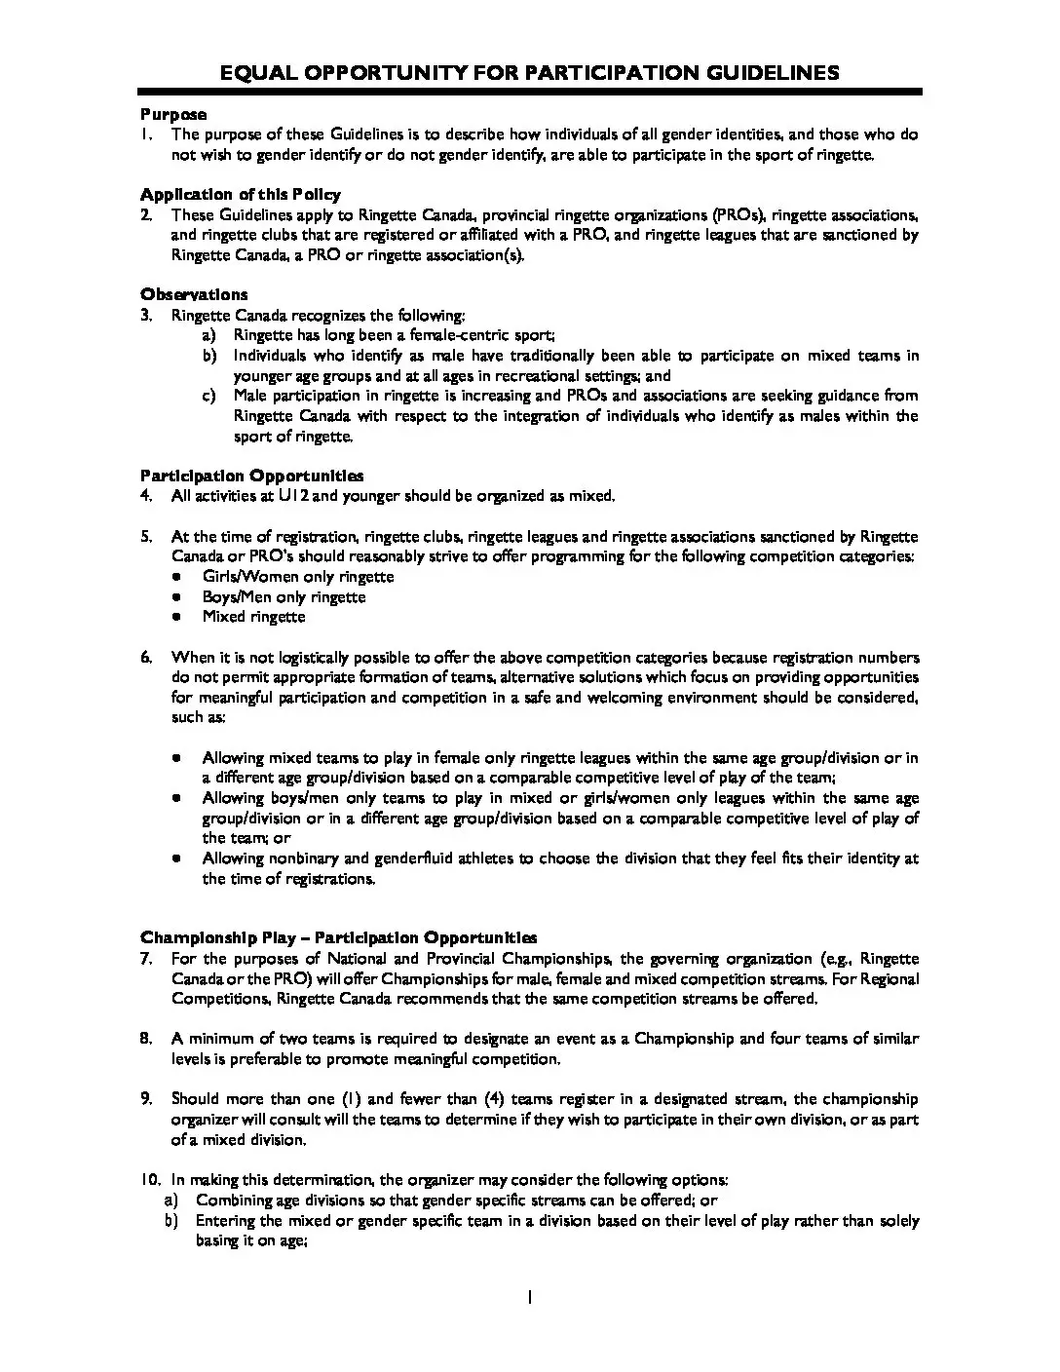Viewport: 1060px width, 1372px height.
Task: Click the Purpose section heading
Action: (x=173, y=114)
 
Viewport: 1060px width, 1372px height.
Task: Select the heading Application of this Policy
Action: (x=240, y=194)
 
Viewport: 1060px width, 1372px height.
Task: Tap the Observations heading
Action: (x=194, y=294)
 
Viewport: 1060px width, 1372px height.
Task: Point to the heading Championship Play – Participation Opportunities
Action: (x=338, y=937)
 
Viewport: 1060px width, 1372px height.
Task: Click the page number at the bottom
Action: (x=530, y=1297)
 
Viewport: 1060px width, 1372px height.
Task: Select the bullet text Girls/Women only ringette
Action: (x=298, y=576)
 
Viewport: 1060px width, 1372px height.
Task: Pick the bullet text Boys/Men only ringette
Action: (x=284, y=596)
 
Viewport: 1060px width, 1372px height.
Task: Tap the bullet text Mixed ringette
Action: (x=253, y=616)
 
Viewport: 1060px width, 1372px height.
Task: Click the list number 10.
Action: (x=150, y=1180)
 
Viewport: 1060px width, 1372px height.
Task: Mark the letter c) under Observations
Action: (x=208, y=396)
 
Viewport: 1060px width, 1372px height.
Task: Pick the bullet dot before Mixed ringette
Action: (x=176, y=617)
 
